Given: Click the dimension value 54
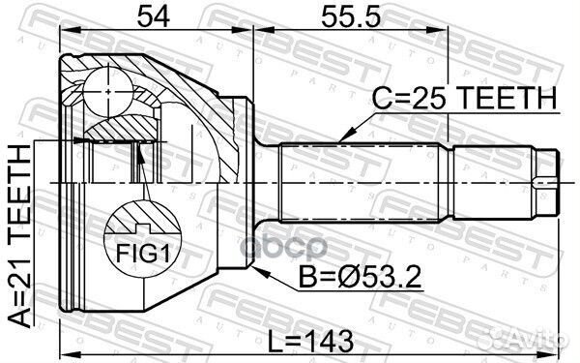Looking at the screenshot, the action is coord(153,16).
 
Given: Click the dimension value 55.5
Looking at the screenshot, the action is coord(350,16).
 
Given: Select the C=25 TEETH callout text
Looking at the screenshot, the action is coord(464,98).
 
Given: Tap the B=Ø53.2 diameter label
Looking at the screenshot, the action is coord(360,277).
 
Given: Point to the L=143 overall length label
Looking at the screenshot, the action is coord(310,342).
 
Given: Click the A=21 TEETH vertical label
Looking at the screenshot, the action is coord(19,236).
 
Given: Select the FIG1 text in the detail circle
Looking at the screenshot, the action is coord(143,254).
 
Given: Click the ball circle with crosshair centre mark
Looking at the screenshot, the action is coord(108,92).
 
